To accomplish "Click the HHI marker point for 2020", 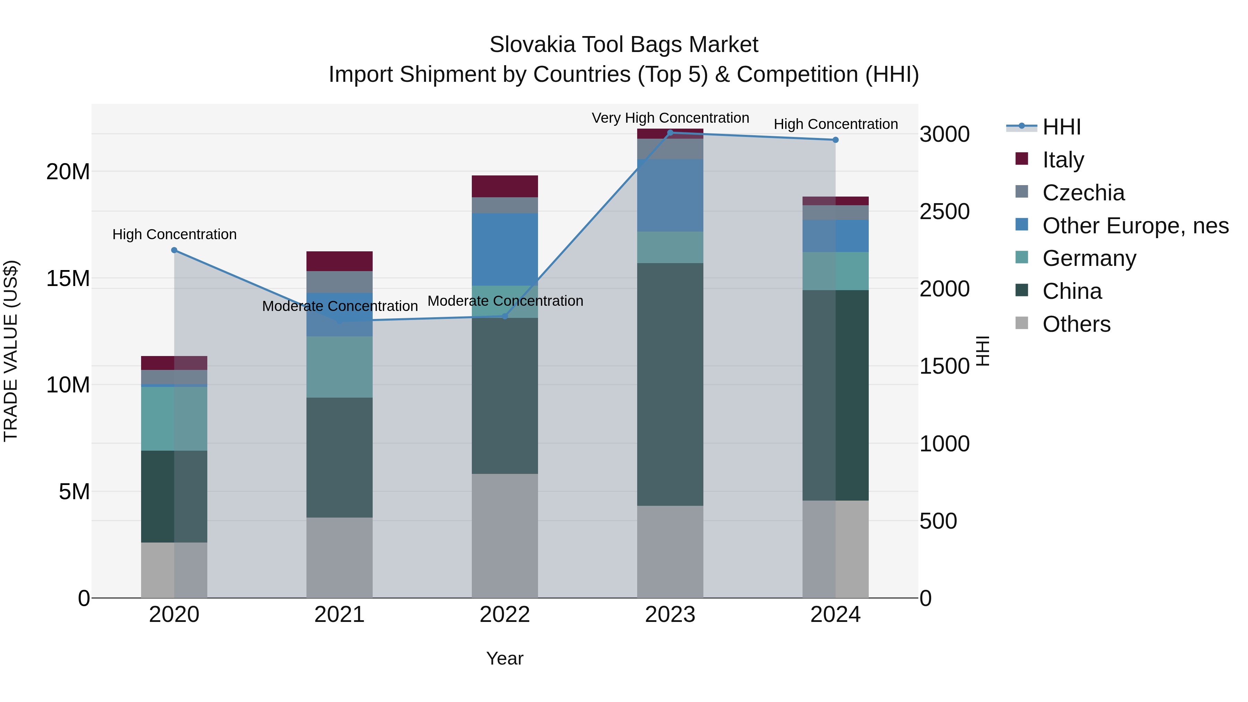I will (174, 250).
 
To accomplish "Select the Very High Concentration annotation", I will (670, 118).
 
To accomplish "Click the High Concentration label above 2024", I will (835, 124).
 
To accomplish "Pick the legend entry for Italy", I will (1063, 159).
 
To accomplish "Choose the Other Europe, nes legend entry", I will (1135, 225).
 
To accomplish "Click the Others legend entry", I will (1076, 324).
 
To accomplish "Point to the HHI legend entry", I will (1061, 127).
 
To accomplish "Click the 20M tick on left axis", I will (68, 172).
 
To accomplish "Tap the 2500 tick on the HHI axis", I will (944, 212).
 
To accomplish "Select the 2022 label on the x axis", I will (504, 614).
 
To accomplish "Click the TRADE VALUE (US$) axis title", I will (11, 351).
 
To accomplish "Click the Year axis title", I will (504, 658).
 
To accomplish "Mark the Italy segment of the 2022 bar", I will (504, 186).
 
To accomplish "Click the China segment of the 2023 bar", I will (670, 384).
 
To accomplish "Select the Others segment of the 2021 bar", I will (339, 557).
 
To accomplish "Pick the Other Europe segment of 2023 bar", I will (670, 195).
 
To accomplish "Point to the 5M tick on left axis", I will (73, 491).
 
